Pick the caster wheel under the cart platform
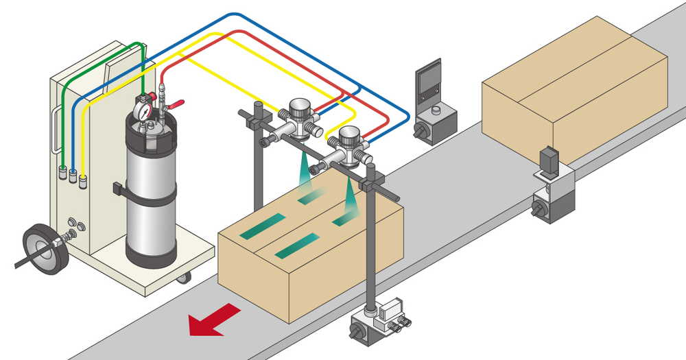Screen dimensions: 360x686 (182, 278)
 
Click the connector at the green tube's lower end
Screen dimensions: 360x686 (62, 171)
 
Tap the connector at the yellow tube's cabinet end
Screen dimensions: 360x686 (84, 182)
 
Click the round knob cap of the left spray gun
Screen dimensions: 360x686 (299, 106)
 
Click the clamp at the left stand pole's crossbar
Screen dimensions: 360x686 (257, 123)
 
